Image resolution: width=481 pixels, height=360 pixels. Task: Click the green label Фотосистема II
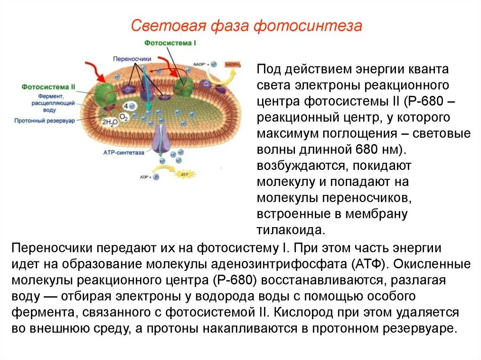click(48, 87)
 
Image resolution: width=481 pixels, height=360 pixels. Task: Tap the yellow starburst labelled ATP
click(181, 175)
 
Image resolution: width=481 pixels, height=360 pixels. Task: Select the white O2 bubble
click(124, 116)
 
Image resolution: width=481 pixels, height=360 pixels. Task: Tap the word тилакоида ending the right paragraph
click(290, 230)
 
